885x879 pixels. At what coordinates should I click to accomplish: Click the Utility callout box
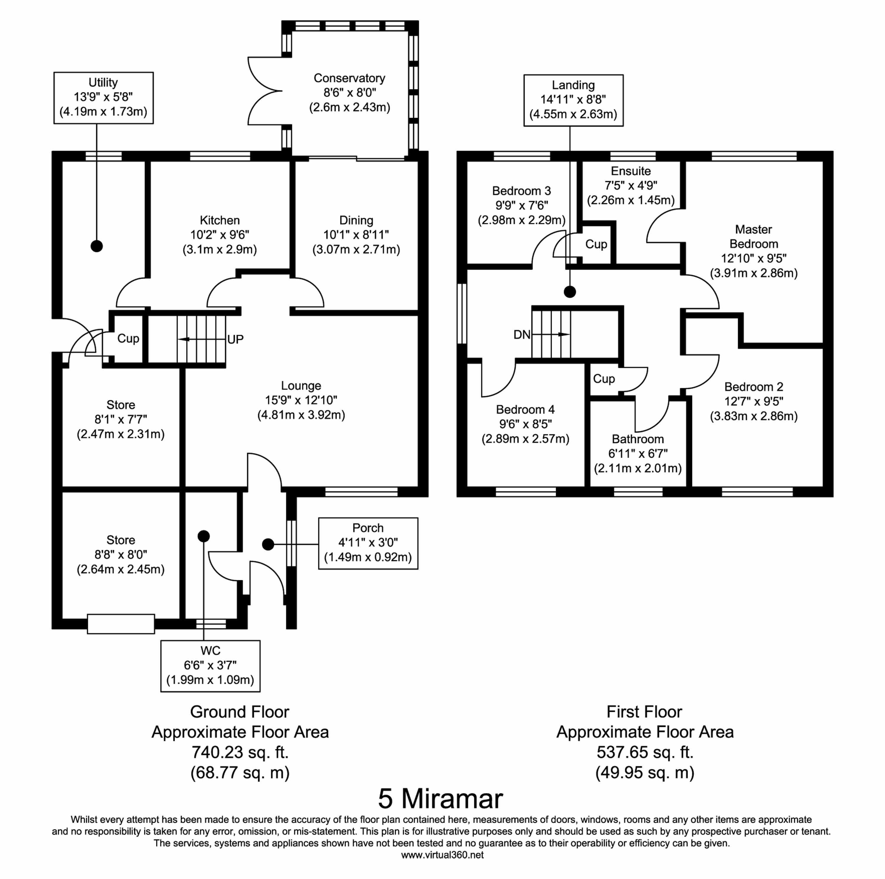pyautogui.click(x=104, y=98)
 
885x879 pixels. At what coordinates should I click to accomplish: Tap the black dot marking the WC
pyautogui.click(x=203, y=536)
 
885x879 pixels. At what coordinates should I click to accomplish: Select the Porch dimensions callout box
pyautogui.click(x=368, y=543)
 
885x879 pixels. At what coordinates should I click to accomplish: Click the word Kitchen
pyautogui.click(x=219, y=220)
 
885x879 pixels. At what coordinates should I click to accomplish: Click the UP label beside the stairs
pyautogui.click(x=235, y=340)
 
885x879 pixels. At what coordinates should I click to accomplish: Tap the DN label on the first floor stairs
pyautogui.click(x=522, y=335)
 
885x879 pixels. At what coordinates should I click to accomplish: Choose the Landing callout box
pyautogui.click(x=573, y=100)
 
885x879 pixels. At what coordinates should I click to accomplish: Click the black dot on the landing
pyautogui.click(x=570, y=292)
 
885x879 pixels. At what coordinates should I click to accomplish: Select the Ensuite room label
pyautogui.click(x=631, y=171)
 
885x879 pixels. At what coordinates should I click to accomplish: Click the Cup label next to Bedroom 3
pyautogui.click(x=596, y=245)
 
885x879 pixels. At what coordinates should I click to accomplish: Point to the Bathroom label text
pyautogui.click(x=637, y=439)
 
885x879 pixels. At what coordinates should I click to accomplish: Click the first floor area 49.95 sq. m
pyautogui.click(x=645, y=772)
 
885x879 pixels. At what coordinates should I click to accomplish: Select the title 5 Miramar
pyautogui.click(x=440, y=799)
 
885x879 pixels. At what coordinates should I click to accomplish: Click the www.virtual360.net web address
pyautogui.click(x=442, y=855)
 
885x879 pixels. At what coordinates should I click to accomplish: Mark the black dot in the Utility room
pyautogui.click(x=97, y=246)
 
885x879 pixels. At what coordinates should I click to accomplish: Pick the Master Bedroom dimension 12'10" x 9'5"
pyautogui.click(x=753, y=258)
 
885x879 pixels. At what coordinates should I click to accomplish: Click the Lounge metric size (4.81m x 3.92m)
pyautogui.click(x=301, y=415)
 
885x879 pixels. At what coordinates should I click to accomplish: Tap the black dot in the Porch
pyautogui.click(x=268, y=544)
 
